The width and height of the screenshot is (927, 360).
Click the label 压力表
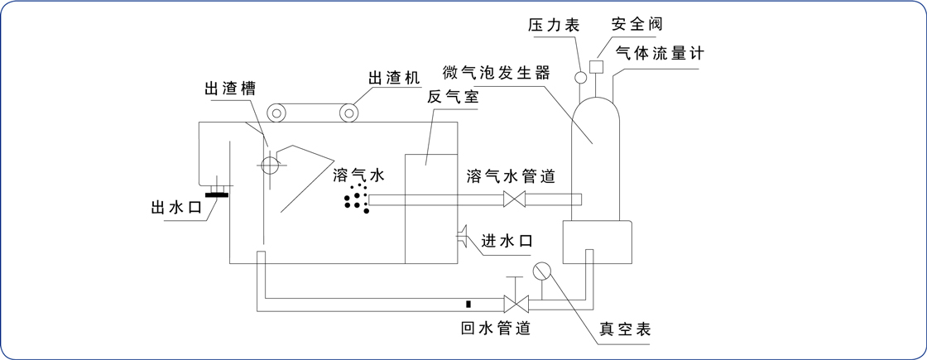pyautogui.click(x=553, y=26)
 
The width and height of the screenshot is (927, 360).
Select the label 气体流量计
pyautogui.click(x=659, y=53)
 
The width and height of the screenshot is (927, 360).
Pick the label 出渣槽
pyautogui.click(x=229, y=89)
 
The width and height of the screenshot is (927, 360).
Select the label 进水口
pyautogui.click(x=506, y=240)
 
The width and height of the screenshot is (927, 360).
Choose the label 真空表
pyautogui.click(x=626, y=329)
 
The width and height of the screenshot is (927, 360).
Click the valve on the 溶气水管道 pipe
pyautogui.click(x=516, y=199)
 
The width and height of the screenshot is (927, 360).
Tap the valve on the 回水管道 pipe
pyautogui.click(x=516, y=304)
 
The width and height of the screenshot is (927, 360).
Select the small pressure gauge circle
pyautogui.click(x=581, y=78)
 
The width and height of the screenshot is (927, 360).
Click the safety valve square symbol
pyautogui.click(x=596, y=65)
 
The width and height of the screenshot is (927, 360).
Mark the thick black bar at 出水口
pyautogui.click(x=217, y=195)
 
